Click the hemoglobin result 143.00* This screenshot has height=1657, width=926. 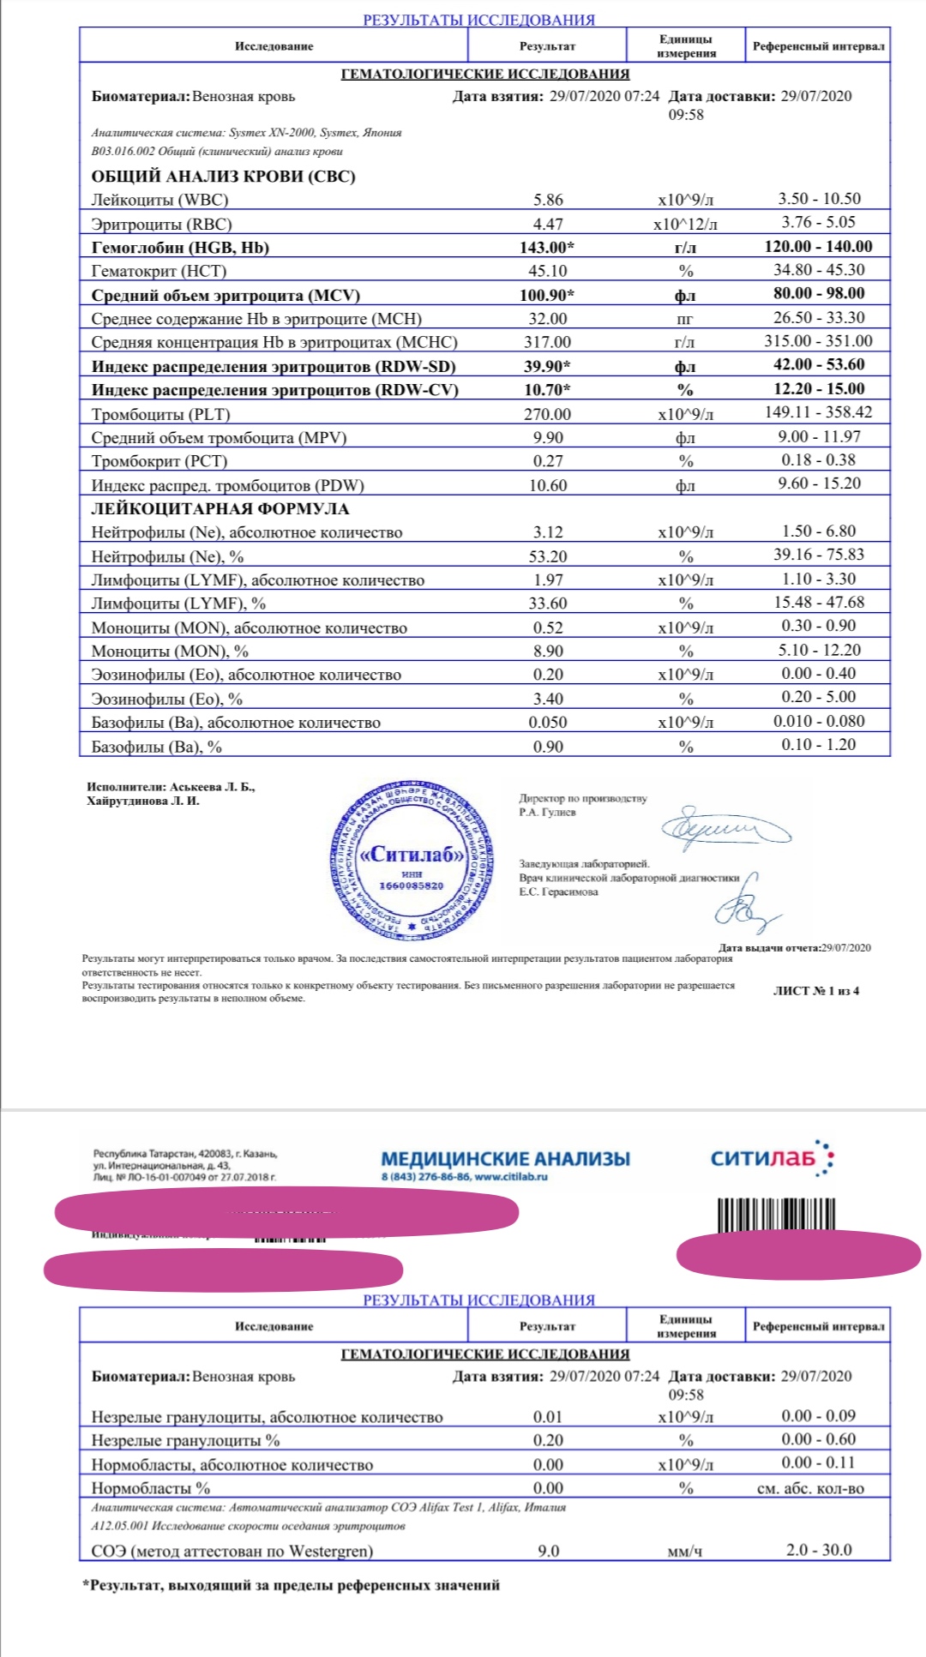pos(548,248)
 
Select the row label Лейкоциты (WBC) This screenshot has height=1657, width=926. pos(159,201)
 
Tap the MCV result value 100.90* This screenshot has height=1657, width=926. pos(548,296)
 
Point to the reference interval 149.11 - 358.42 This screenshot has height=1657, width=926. pos(818,412)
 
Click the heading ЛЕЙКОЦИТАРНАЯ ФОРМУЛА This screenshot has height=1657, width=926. pos(220,509)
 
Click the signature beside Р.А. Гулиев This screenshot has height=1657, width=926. pos(725,828)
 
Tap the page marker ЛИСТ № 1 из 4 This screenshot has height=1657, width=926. pos(815,991)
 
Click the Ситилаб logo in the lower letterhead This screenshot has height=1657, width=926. pos(772,1159)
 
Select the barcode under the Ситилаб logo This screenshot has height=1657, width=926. pos(777,1215)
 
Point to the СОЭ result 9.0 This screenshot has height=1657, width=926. pos(548,1551)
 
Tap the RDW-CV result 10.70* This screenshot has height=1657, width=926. pos(548,391)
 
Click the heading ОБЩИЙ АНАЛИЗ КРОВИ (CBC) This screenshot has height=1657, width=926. pos(223,177)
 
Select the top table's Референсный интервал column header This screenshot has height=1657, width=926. pos(818,46)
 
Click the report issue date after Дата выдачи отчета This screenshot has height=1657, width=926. pos(845,947)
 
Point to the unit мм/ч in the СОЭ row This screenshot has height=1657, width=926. pos(685,1552)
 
